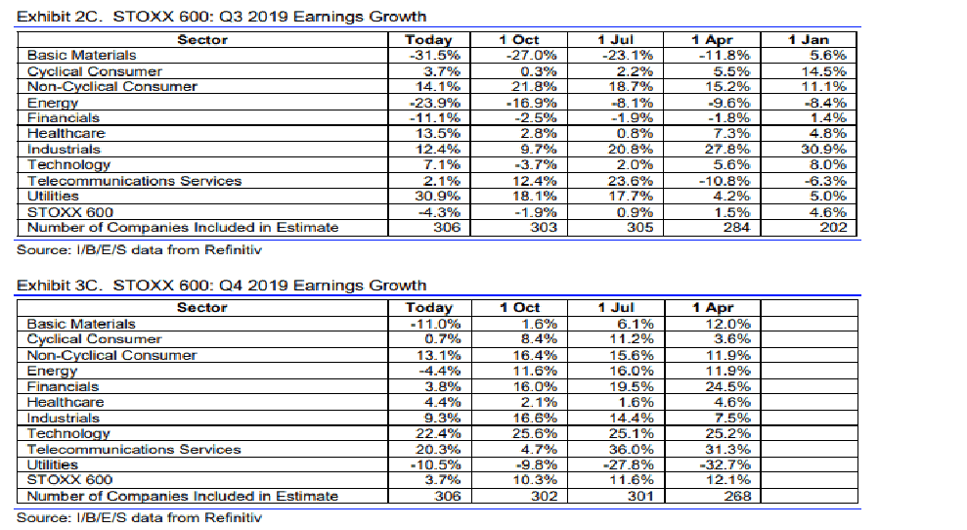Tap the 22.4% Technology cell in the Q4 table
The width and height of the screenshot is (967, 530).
438,433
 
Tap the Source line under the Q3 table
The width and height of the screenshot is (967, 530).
140,249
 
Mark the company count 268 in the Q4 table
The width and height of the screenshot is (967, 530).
737,496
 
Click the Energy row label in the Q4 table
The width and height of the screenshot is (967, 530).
53,371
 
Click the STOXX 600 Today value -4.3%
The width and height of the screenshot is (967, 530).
441,212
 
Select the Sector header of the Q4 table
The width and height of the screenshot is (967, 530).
202,308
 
